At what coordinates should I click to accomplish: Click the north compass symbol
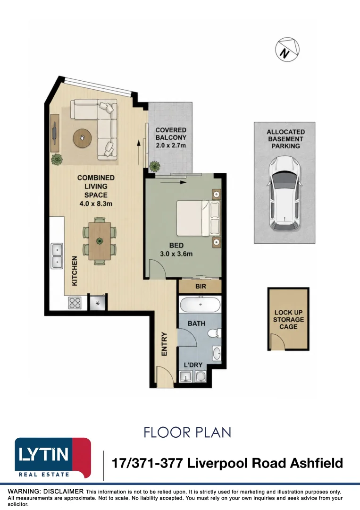287,50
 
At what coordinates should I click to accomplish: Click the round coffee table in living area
82,138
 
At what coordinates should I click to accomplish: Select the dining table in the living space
100,241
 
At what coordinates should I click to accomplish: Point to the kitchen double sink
57,255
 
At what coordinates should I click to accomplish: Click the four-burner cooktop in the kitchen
75,303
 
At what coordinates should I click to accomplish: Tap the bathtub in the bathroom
200,305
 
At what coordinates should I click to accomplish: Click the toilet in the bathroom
214,333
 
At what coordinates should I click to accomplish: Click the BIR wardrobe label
201,287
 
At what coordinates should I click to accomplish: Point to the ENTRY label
164,344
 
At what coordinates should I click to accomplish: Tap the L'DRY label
193,365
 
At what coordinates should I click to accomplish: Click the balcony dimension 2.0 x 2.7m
171,145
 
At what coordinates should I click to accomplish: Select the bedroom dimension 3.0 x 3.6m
176,254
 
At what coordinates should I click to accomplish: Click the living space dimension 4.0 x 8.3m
96,204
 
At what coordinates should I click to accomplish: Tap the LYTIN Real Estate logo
53,458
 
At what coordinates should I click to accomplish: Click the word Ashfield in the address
316,463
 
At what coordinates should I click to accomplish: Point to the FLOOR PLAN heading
187,432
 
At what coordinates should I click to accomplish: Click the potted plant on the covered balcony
155,166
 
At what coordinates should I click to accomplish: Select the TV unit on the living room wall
55,133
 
